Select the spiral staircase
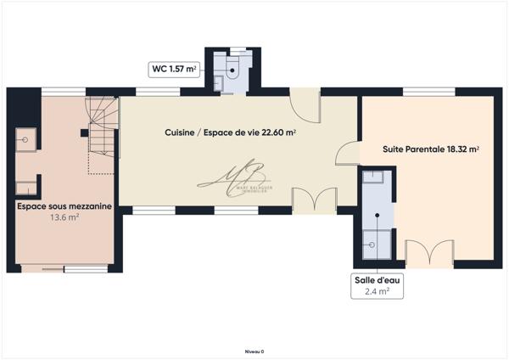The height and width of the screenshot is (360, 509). (x=102, y=124)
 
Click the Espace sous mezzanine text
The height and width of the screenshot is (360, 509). (x=64, y=205)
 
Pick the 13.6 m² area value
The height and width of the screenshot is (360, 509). (x=64, y=217)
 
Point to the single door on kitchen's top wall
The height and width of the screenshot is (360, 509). (x=304, y=104)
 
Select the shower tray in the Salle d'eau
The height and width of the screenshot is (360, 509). (x=374, y=242)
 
